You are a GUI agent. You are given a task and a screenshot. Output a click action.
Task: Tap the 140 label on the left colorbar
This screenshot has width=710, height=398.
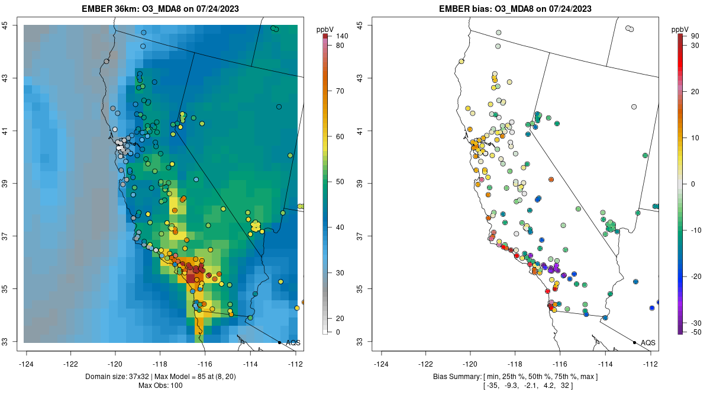(x=341, y=36)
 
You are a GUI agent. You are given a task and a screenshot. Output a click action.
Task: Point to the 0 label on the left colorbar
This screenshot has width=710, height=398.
(x=337, y=332)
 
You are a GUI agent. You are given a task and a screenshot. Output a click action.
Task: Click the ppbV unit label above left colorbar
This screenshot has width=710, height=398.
(x=325, y=29)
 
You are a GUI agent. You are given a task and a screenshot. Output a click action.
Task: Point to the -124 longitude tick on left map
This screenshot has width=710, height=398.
(x=27, y=364)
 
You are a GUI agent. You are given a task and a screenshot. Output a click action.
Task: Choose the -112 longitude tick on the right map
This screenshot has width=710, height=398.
(x=650, y=364)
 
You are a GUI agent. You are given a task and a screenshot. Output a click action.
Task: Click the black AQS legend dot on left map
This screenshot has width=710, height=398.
(x=279, y=342)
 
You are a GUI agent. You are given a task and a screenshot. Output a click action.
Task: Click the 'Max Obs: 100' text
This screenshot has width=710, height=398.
(x=161, y=386)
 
